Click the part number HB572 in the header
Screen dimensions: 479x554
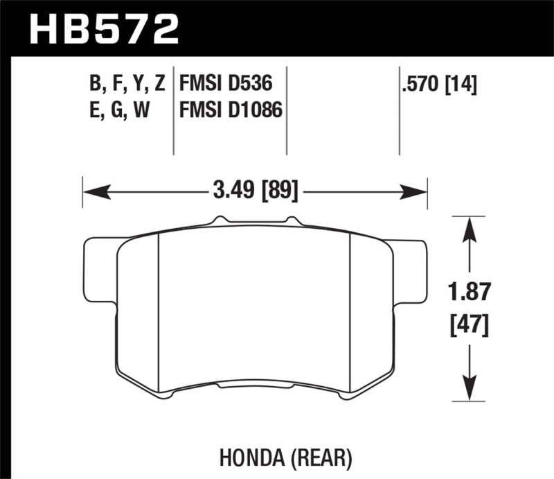105,30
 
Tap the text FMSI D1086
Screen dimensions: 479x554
231,109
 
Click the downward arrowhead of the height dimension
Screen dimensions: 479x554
471,394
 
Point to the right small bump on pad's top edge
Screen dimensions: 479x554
291,220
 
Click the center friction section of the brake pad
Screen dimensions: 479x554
255,305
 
